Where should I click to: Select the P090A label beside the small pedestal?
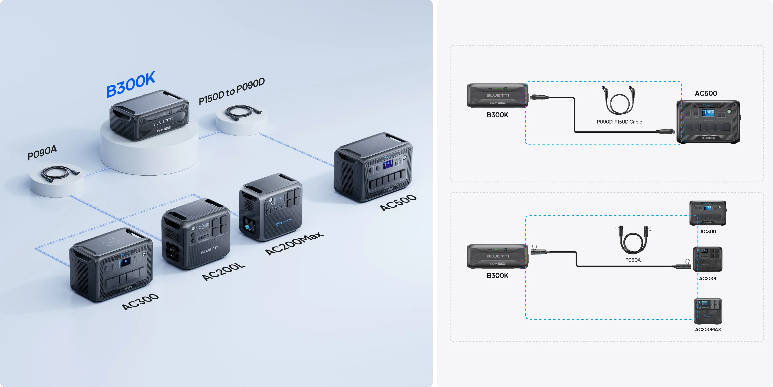coord(42,152)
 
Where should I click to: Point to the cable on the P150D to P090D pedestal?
coord(242,113)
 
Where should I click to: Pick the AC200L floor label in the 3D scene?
coord(224,272)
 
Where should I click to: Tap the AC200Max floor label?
coord(294,243)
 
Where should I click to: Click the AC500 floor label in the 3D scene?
coord(398,203)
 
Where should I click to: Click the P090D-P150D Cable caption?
coord(619,122)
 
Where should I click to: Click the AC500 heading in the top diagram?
coord(706,94)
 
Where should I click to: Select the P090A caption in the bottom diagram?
coord(633,260)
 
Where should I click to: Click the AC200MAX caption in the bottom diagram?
coord(708,329)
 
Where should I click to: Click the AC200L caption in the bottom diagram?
coord(708,279)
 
